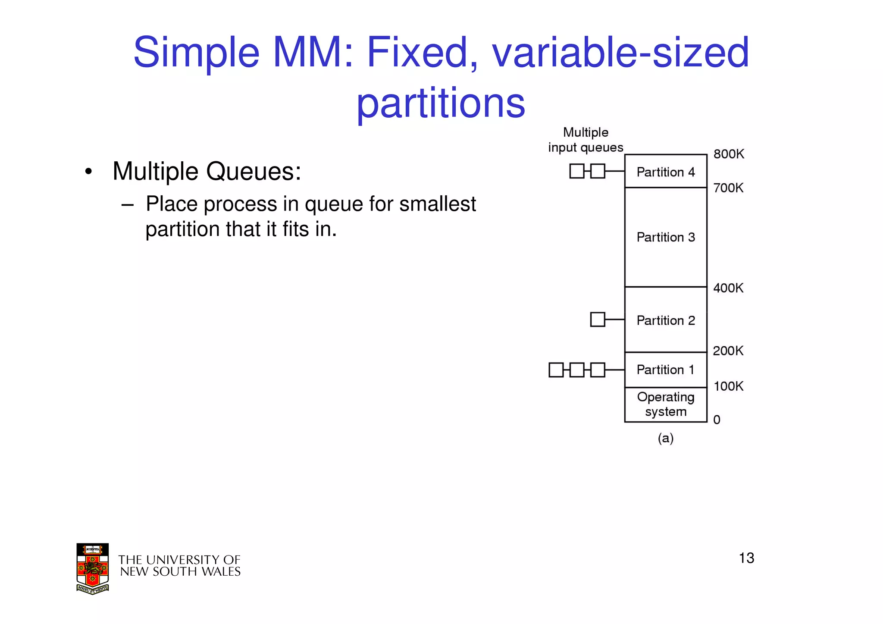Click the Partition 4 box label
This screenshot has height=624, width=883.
tap(665, 172)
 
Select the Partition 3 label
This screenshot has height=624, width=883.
tap(665, 237)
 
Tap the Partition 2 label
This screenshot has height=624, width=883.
tap(665, 320)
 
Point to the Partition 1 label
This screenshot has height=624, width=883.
tap(665, 370)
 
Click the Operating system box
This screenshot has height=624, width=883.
tap(665, 404)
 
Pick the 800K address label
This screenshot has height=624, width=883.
tap(729, 154)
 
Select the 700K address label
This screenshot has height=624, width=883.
tap(728, 188)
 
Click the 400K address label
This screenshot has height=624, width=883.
tap(728, 288)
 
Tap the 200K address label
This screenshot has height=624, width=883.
tap(728, 351)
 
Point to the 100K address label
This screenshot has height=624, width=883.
tap(728, 386)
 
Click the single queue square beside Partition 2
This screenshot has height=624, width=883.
tap(597, 320)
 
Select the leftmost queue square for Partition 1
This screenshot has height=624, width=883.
tap(556, 370)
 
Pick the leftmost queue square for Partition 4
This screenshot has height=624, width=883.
tap(576, 171)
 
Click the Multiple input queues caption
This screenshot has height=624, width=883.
tap(586, 140)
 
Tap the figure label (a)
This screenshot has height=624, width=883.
tap(665, 438)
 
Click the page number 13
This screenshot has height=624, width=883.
tap(746, 558)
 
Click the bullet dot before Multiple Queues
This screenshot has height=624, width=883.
tap(88, 172)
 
